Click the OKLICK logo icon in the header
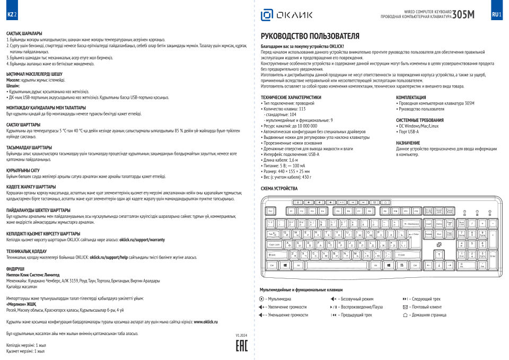[266, 15]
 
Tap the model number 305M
[464, 14]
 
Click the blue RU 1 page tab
[496, 14]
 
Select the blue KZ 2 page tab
[12, 14]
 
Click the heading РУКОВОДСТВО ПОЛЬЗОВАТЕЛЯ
[310, 36]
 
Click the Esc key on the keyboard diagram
[271, 211]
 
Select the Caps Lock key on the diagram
[275, 244]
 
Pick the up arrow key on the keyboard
[440, 254]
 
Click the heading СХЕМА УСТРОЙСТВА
[279, 188]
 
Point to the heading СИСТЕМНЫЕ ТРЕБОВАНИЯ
[420, 120]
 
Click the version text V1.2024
[241, 336]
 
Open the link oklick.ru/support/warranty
[142, 240]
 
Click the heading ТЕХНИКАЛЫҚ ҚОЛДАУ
[27, 250]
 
